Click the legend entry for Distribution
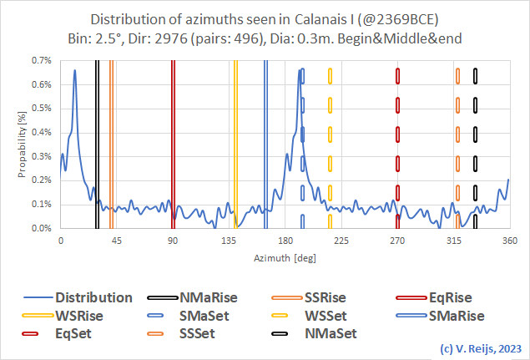[93, 297]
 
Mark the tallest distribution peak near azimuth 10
[75, 71]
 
